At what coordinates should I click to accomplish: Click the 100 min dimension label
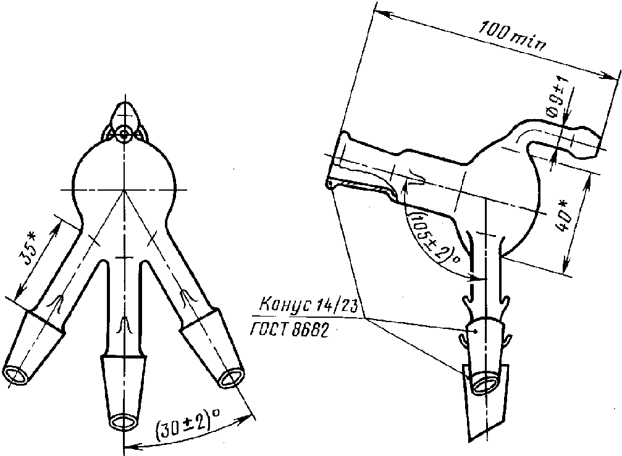pos(513,37)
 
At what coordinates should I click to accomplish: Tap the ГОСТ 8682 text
pos(290,330)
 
